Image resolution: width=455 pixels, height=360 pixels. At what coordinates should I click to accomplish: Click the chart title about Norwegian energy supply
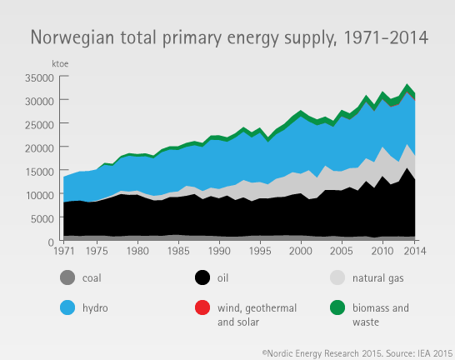pyautogui.click(x=229, y=37)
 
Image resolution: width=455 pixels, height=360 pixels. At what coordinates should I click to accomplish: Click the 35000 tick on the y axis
pyautogui.click(x=39, y=77)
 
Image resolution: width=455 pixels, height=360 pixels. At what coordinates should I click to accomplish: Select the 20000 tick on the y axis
pyautogui.click(x=39, y=147)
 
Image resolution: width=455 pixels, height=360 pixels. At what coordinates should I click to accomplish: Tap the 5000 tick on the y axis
pyautogui.click(x=42, y=217)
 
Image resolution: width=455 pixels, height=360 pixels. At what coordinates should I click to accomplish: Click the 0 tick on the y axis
pyautogui.click(x=51, y=241)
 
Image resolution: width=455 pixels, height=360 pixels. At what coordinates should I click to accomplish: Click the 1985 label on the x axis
pyautogui.click(x=178, y=251)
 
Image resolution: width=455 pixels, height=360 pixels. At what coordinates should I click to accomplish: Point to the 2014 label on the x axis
pyautogui.click(x=415, y=251)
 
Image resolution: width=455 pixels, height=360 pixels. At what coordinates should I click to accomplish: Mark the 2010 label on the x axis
pyautogui.click(x=382, y=251)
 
